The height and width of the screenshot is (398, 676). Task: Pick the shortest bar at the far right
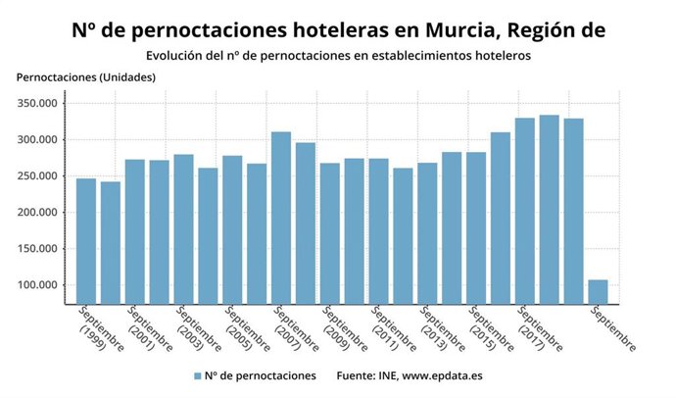click(598, 292)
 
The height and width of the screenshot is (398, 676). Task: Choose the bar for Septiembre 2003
click(183, 229)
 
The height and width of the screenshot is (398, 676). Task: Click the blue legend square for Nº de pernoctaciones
click(198, 375)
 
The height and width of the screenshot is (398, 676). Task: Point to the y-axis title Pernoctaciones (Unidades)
click(86, 76)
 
